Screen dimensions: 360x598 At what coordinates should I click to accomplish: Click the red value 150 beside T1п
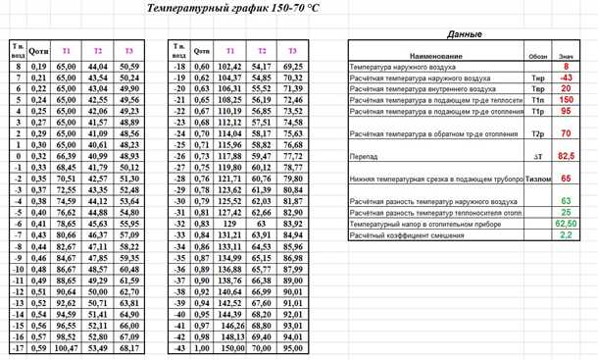coord(566,99)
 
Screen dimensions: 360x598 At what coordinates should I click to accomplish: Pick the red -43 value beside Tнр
coord(566,77)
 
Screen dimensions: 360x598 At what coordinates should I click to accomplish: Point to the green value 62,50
coord(566,225)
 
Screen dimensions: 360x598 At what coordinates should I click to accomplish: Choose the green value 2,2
coord(566,236)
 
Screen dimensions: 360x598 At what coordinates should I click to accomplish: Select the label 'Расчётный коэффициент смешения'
coord(404,236)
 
